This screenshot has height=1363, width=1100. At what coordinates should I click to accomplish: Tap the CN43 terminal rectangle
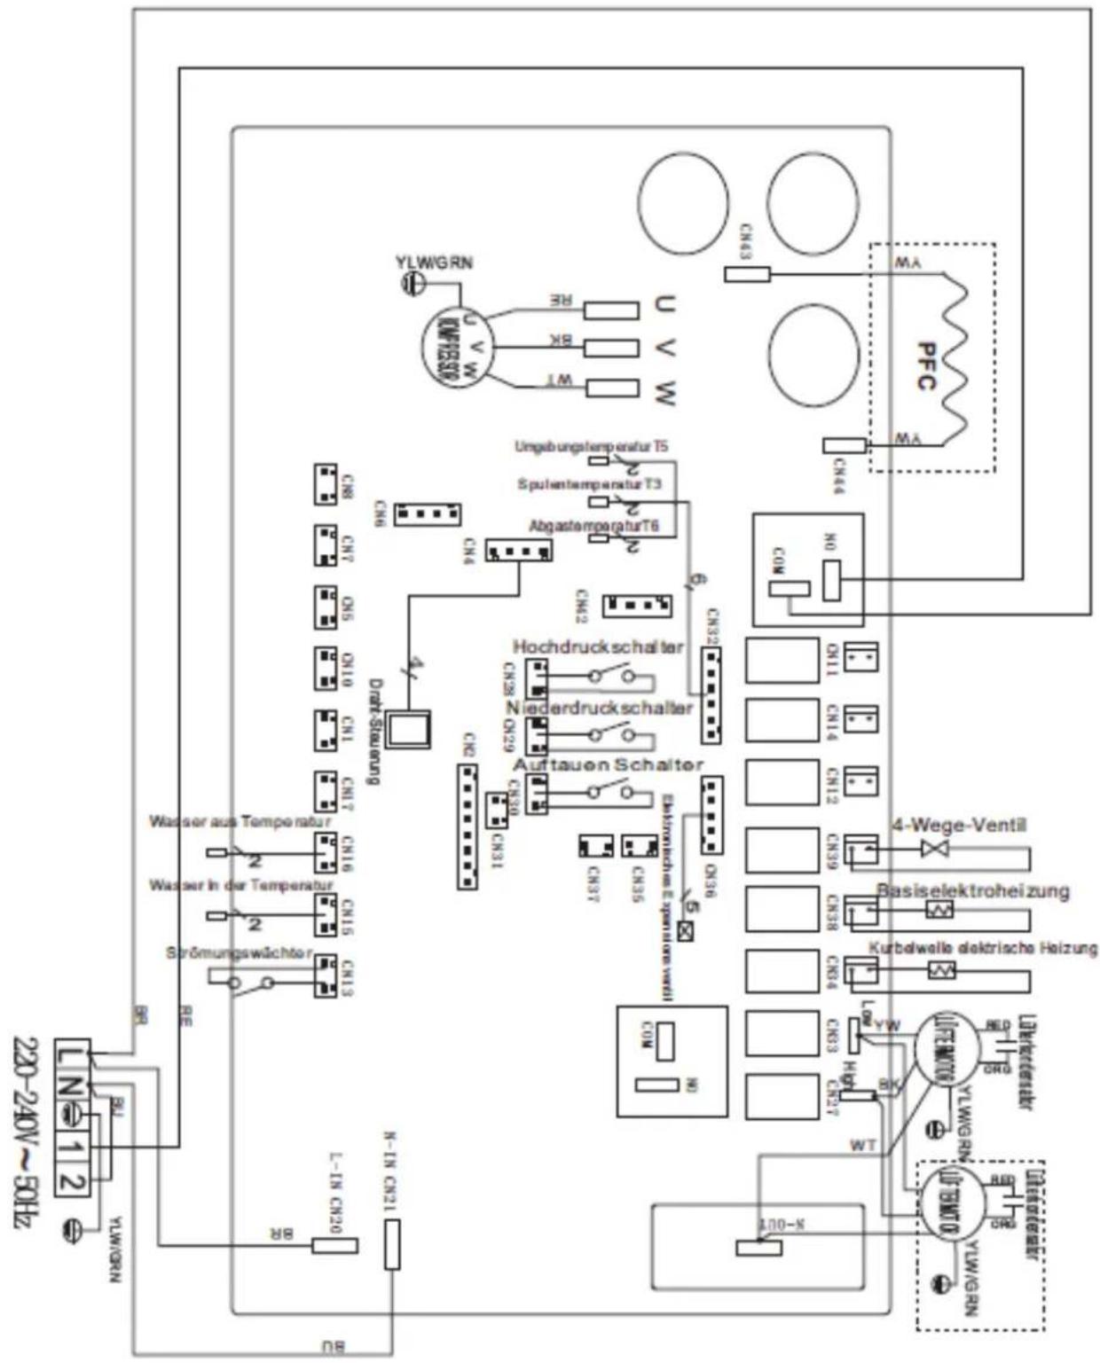tap(747, 274)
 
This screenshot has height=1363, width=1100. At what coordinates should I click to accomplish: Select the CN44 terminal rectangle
tap(844, 445)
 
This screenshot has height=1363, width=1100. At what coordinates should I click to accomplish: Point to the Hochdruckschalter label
tap(598, 646)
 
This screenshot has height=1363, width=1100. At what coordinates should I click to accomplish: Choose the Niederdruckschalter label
tap(600, 708)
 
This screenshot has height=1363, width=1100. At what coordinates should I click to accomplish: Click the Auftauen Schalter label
tap(608, 764)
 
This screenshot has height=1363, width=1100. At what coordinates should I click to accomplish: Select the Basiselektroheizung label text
tap(972, 890)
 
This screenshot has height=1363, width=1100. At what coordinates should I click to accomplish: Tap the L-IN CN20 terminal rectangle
tap(334, 1245)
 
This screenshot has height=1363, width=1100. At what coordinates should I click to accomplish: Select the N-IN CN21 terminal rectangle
tap(391, 1243)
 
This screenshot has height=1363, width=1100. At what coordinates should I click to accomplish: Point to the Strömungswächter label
tap(240, 953)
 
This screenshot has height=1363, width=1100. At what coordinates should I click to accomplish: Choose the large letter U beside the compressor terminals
tap(664, 304)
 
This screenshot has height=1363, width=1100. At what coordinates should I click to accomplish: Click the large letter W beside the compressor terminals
tap(664, 391)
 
